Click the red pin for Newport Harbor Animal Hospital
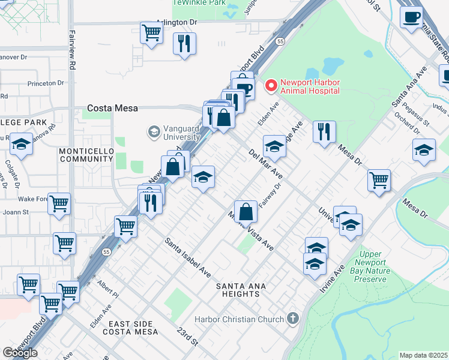click(271, 86)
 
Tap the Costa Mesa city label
click(112, 109)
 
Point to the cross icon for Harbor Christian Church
click(292, 318)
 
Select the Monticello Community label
click(86, 155)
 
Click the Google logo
click(20, 353)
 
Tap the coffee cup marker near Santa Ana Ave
click(412, 17)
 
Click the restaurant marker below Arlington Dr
click(184, 43)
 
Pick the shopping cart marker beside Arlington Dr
click(151, 32)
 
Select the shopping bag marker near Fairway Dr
click(246, 211)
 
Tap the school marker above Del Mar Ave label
click(274, 146)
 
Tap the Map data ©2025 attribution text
click(423, 355)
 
